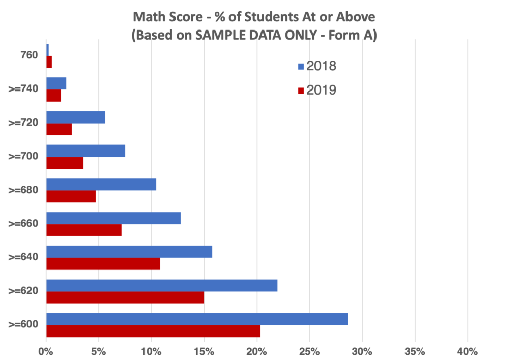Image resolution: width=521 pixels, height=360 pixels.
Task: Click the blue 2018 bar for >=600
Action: [197, 319]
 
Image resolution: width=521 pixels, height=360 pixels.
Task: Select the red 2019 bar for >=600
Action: [153, 331]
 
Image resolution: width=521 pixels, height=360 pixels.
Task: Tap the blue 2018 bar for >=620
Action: [162, 285]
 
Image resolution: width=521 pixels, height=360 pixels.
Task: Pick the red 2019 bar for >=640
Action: [103, 263]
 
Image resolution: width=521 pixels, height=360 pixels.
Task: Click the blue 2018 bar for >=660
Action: [113, 218]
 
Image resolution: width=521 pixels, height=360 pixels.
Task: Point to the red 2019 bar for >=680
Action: [71, 196]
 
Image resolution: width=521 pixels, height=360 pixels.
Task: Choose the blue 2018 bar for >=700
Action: [85, 151]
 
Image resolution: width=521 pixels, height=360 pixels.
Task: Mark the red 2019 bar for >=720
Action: [59, 129]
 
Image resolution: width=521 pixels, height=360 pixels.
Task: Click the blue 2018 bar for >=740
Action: [56, 83]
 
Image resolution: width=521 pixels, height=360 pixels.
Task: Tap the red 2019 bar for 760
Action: [49, 62]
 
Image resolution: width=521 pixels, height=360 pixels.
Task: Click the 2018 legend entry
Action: [316, 66]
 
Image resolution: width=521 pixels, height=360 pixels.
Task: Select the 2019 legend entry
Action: [316, 90]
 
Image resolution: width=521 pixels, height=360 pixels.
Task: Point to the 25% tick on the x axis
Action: [309, 351]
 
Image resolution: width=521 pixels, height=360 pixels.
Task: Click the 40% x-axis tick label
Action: [467, 351]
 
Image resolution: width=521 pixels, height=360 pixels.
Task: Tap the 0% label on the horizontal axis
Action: [46, 351]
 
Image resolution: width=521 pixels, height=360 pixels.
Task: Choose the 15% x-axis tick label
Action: [204, 351]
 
